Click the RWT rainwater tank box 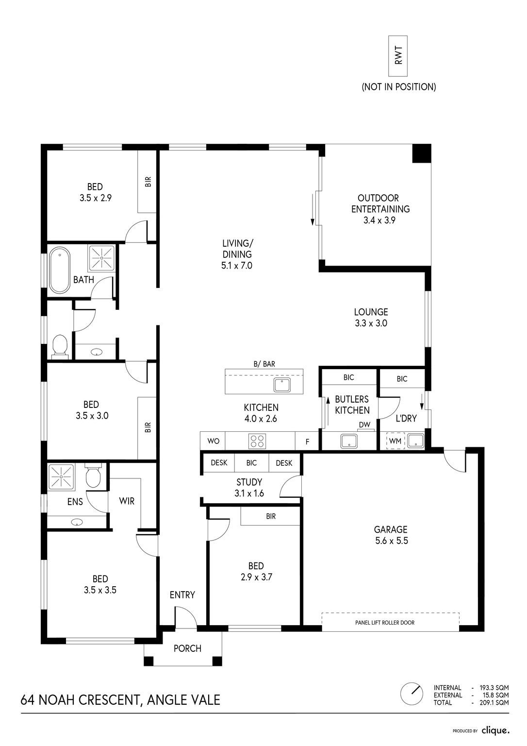click(x=398, y=56)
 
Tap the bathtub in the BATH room click(x=60, y=270)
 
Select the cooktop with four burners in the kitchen click(x=257, y=441)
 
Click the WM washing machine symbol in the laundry click(x=395, y=441)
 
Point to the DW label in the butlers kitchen click(x=364, y=424)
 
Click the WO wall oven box click(x=213, y=441)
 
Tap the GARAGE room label click(x=391, y=529)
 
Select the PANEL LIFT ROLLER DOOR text click(x=385, y=623)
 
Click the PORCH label click(x=187, y=648)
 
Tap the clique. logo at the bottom click(x=495, y=730)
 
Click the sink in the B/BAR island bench click(x=282, y=385)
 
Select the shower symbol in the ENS click(x=61, y=476)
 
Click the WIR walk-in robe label click(x=127, y=501)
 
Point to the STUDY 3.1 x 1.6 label click(x=249, y=488)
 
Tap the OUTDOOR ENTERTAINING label click(x=380, y=209)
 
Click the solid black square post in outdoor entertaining click(x=422, y=153)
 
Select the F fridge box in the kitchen click(x=307, y=441)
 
